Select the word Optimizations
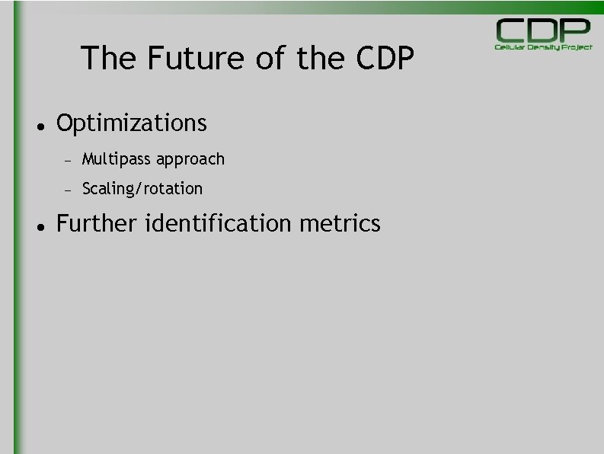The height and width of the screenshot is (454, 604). coord(132,123)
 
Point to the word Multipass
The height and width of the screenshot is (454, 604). coord(117,159)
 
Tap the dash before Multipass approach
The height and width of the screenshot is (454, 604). coord(67,161)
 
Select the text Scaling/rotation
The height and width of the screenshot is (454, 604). coord(142,188)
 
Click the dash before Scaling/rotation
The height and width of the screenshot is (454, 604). coord(67,190)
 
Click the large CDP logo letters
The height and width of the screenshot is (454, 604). coord(543,30)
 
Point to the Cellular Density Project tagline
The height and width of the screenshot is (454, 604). coord(543,47)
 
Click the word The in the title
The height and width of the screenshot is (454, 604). coord(107,58)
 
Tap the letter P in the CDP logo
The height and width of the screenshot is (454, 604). coord(576,30)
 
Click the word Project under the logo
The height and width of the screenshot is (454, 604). coord(577,47)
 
